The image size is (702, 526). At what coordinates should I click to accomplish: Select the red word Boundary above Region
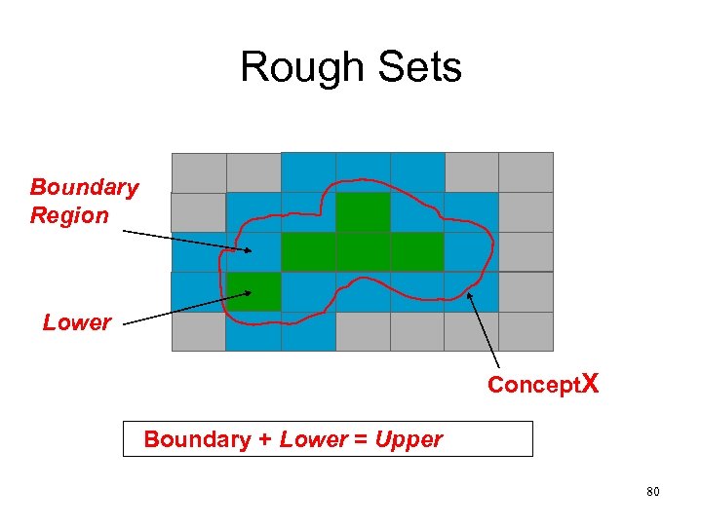point(84,187)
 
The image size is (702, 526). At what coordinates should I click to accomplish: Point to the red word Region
point(69,215)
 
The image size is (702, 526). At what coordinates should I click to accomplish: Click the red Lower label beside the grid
point(77,322)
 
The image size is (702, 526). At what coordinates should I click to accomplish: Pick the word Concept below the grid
point(531,385)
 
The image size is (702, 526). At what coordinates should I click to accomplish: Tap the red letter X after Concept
point(588,384)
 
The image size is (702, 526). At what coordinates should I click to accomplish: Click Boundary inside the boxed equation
point(197,439)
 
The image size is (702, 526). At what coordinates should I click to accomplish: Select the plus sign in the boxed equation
point(264,439)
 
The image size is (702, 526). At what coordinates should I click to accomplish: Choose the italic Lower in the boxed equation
point(312,439)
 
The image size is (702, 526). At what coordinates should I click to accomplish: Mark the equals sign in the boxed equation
point(359,439)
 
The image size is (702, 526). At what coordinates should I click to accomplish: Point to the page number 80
point(652,492)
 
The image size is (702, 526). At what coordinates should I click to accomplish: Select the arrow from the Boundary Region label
point(186,241)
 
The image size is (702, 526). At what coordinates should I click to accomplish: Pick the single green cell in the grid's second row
point(363,211)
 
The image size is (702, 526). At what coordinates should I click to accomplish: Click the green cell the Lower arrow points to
point(254,291)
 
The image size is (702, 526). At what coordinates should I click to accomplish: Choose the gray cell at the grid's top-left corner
point(198,171)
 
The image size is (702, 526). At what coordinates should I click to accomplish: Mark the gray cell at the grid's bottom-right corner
point(526,331)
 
